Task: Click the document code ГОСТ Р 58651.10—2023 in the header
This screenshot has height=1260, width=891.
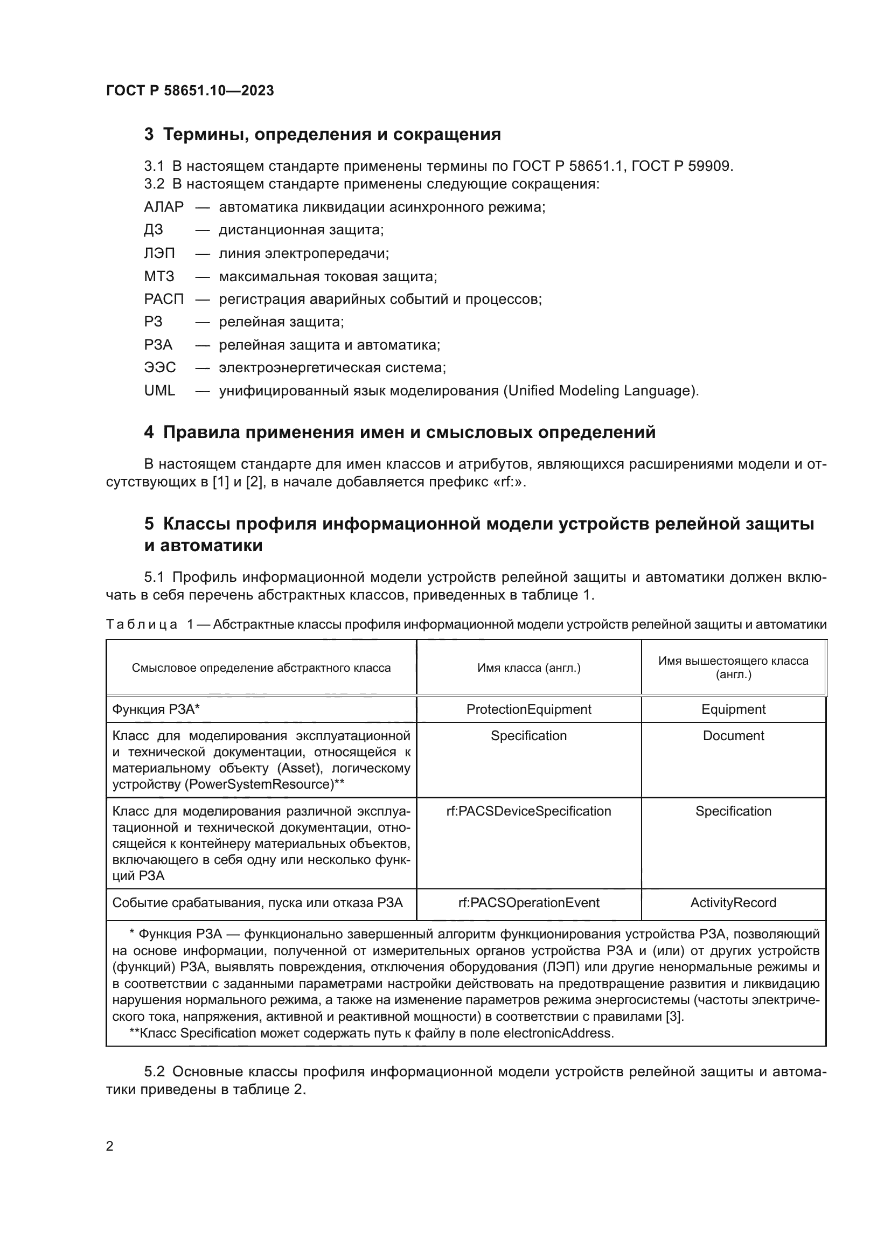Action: tap(190, 91)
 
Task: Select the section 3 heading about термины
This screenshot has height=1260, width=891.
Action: tap(323, 135)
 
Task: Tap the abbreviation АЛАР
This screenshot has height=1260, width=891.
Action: tap(164, 207)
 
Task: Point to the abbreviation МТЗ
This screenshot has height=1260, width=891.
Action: tap(159, 276)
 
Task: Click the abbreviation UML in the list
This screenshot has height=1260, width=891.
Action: tap(159, 391)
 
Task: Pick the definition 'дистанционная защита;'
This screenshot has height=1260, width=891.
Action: tap(301, 230)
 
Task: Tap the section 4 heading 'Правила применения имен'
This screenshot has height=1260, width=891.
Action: tap(400, 433)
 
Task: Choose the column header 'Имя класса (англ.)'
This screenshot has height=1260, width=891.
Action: tap(528, 668)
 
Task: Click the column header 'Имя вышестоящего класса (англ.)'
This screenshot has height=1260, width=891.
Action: tap(733, 667)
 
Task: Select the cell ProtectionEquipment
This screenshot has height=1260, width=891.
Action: tap(528, 709)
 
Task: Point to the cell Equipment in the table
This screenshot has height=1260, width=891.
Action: tap(733, 709)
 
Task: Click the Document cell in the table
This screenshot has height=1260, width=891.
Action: tap(733, 735)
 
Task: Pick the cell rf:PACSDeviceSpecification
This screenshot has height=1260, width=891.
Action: tap(528, 811)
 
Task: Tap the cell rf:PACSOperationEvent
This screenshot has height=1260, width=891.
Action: tap(528, 903)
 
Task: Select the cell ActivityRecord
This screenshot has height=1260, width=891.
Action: tap(733, 903)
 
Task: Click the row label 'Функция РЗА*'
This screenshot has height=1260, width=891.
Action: tap(156, 709)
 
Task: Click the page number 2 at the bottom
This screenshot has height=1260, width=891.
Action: tap(109, 1146)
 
